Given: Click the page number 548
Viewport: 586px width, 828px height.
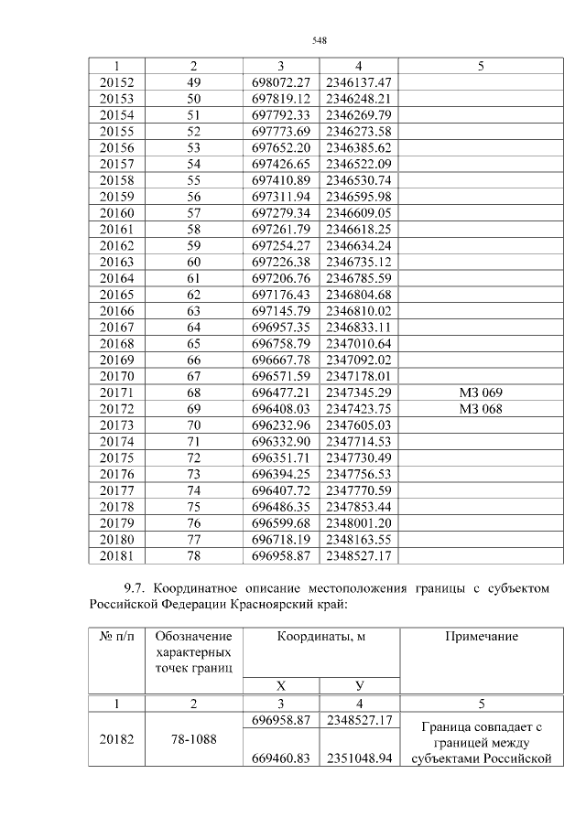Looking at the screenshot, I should [x=320, y=40].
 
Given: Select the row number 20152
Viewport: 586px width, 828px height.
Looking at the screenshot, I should [x=116, y=82].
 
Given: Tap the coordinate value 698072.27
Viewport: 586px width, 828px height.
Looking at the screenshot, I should [x=280, y=82].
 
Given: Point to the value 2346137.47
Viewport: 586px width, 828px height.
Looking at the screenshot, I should [x=358, y=82].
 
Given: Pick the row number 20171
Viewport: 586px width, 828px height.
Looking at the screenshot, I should [x=116, y=392].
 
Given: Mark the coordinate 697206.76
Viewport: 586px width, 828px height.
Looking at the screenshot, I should [x=280, y=278].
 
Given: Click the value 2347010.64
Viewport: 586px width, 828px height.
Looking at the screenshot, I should [x=358, y=343].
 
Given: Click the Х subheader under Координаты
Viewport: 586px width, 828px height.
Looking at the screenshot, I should [x=280, y=685].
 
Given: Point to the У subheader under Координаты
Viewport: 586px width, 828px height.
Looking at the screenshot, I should [x=358, y=685].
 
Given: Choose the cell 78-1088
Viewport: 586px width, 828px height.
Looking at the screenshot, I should [x=193, y=739].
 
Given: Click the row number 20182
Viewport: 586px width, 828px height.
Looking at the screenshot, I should [x=116, y=739].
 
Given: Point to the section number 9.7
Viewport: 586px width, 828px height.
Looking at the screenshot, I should [x=135, y=586].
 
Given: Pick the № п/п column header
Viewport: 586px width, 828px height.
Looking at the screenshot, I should [x=116, y=637].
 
